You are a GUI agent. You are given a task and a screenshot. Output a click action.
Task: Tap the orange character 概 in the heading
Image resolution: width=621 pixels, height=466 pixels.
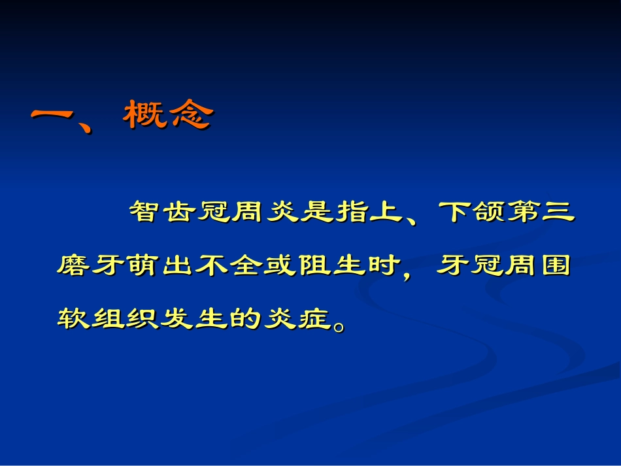(x=144, y=116)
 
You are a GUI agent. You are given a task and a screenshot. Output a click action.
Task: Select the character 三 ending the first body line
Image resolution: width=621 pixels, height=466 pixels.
(x=557, y=211)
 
